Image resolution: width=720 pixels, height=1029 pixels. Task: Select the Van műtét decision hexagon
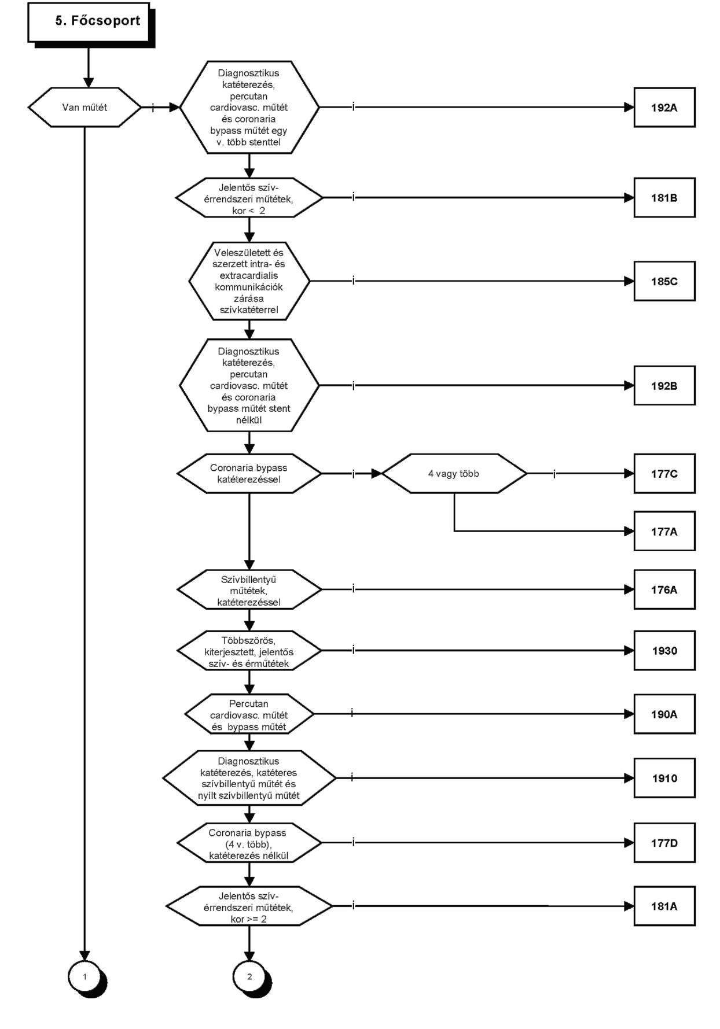click(x=85, y=107)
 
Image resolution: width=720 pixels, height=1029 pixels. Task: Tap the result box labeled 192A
click(x=664, y=107)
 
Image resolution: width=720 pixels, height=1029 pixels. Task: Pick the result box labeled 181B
click(x=664, y=198)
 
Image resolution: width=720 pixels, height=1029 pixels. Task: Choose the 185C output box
click(x=664, y=281)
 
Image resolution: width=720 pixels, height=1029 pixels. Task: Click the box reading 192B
click(x=664, y=386)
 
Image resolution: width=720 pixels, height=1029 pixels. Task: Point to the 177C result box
click(x=664, y=474)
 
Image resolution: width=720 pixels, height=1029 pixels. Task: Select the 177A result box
click(x=664, y=531)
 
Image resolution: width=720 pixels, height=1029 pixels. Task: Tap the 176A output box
click(x=664, y=589)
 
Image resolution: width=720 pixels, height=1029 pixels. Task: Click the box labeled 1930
click(x=664, y=651)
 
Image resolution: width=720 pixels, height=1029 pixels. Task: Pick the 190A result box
click(x=664, y=714)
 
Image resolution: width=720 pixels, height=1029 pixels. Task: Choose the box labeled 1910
click(x=664, y=778)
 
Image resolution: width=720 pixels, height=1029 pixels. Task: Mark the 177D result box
click(x=664, y=843)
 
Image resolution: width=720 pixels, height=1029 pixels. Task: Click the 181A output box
click(x=664, y=906)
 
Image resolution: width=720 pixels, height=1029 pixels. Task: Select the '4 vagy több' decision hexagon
click(x=454, y=474)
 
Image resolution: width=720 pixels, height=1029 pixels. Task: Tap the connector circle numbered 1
click(x=85, y=977)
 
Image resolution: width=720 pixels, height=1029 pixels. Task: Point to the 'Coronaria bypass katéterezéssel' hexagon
click(x=249, y=474)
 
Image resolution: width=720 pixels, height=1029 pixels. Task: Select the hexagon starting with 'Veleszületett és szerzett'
click(x=249, y=281)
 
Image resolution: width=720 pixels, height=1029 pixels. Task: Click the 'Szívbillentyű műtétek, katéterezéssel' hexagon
click(x=249, y=589)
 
